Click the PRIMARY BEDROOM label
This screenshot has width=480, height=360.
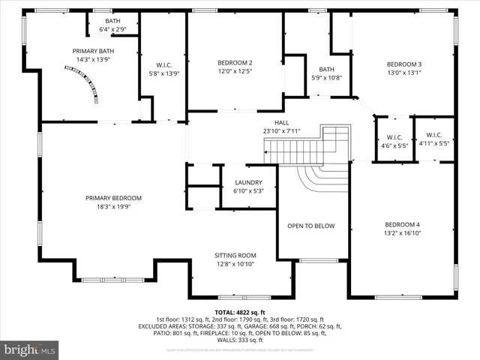coord(113,198)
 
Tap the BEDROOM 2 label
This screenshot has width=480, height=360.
coord(235,62)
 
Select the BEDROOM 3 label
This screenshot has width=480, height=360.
coord(404,64)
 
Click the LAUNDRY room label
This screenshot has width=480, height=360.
coord(248,182)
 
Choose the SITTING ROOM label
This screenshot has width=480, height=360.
coord(235,256)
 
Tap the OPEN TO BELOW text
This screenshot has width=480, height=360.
coord(313,226)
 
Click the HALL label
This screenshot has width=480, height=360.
coord(260,123)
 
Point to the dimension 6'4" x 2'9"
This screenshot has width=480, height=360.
coord(112,29)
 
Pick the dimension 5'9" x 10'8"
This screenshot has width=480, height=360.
coord(326,77)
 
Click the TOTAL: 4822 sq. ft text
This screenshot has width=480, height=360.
coord(240,312)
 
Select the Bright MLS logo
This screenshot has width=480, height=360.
coord(30,349)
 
